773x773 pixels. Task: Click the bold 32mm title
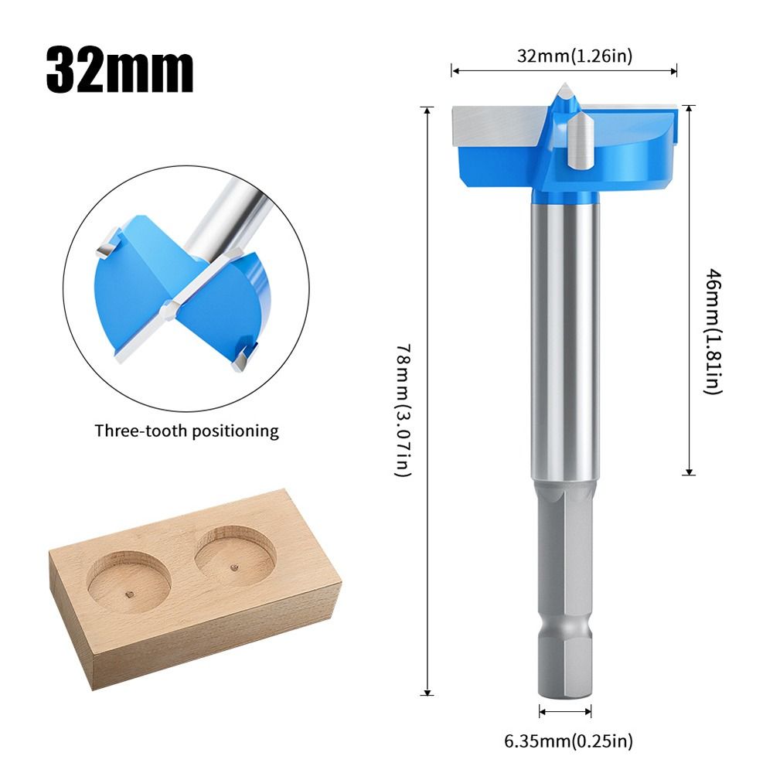pyautogui.click(x=120, y=71)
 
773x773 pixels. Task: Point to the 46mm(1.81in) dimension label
pyautogui.click(x=712, y=331)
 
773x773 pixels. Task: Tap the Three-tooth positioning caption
pyautogui.click(x=186, y=431)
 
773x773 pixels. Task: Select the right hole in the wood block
pyautogui.click(x=235, y=555)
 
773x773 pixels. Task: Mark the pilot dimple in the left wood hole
pyautogui.click(x=128, y=594)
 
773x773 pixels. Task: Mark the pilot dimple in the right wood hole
pyautogui.click(x=234, y=567)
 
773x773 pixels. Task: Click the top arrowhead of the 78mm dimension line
pyautogui.click(x=427, y=110)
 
